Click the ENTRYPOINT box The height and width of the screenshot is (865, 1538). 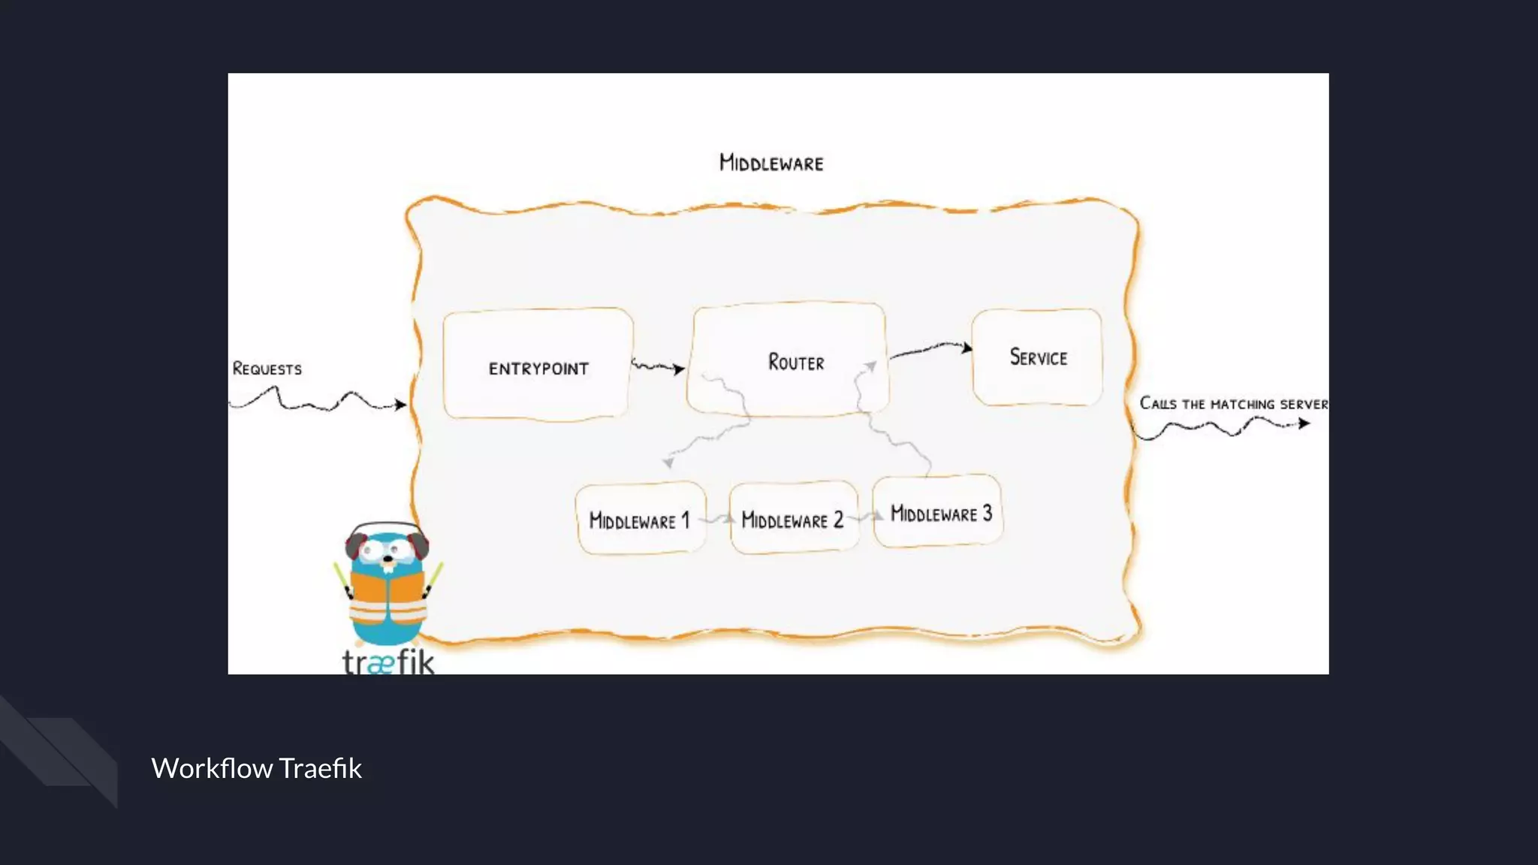(x=538, y=365)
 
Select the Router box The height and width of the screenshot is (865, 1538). (x=789, y=359)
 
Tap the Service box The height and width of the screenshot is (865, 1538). (x=1037, y=357)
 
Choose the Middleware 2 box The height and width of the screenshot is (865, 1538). (x=793, y=519)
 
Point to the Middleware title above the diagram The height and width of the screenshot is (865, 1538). (x=771, y=163)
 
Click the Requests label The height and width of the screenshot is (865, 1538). (x=267, y=369)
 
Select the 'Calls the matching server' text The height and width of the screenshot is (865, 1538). (x=1233, y=404)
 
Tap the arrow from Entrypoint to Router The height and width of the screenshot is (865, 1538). (x=658, y=367)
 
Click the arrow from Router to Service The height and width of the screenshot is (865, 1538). (x=930, y=349)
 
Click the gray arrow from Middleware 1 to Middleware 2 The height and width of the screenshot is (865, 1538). (x=719, y=519)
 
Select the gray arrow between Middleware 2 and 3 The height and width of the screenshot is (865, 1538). (x=866, y=517)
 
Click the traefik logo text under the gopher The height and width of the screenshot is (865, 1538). (x=388, y=662)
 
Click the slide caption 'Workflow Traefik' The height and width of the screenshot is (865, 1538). (x=256, y=768)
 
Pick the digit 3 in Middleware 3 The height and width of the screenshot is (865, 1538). (x=988, y=513)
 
